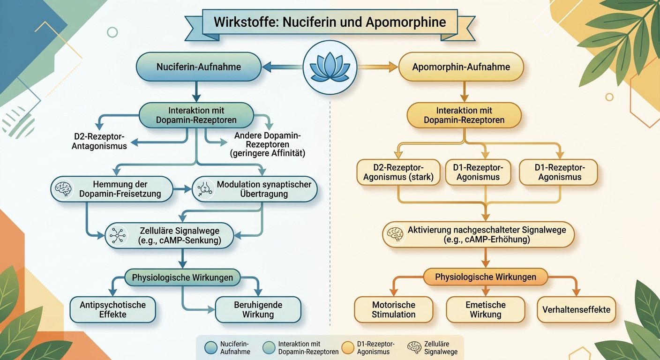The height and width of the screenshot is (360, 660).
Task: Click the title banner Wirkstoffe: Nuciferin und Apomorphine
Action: coord(330,22)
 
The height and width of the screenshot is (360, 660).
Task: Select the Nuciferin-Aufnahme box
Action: coord(198,67)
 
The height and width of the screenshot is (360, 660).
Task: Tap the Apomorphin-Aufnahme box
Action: coord(461,67)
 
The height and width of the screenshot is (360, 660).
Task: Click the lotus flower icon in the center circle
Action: coord(330,67)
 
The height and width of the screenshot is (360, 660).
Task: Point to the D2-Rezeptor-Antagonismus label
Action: coord(99,141)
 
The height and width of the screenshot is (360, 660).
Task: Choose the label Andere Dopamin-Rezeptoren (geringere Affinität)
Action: coord(268,144)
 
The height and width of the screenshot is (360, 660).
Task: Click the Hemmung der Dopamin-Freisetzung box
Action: coord(111,189)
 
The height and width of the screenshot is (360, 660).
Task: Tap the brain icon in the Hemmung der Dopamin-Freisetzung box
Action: coord(62,189)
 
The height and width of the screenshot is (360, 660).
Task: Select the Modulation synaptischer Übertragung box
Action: coord(255,189)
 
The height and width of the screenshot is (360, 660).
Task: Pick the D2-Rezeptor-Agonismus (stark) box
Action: coord(399,172)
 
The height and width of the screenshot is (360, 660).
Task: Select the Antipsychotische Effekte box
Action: coord(112,309)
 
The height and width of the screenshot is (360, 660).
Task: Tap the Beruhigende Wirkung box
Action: coord(258,309)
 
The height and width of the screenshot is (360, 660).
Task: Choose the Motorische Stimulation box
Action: coord(393,309)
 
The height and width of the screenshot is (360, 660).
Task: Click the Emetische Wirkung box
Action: coord(485,309)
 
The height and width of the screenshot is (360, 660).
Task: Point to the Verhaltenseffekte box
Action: coord(576,309)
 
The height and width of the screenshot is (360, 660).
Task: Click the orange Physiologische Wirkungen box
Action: coord(485,277)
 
